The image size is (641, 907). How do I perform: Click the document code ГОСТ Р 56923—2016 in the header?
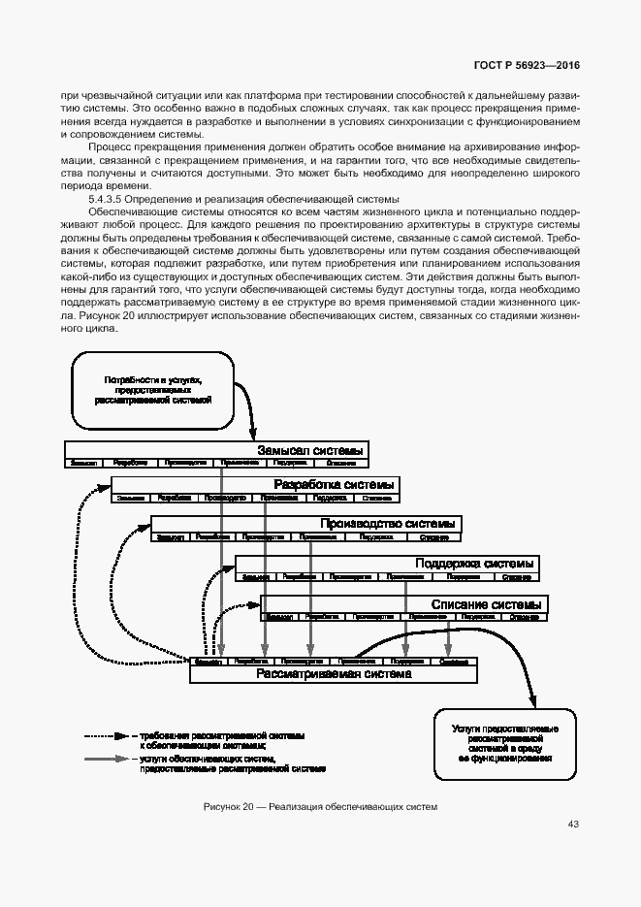[x=527, y=65]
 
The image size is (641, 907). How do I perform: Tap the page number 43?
[x=573, y=825]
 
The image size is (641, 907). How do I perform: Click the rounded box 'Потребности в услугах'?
[x=152, y=391]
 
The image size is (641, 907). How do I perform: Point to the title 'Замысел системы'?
[x=311, y=450]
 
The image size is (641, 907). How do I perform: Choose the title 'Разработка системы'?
[x=334, y=485]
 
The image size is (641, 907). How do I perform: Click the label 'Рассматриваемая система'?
[x=333, y=674]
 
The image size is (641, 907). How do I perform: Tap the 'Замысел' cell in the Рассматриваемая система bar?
[x=208, y=662]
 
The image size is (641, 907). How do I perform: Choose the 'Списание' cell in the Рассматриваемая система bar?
[x=454, y=662]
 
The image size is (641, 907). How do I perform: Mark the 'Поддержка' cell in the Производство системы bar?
[x=376, y=536]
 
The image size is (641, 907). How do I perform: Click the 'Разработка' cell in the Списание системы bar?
[x=321, y=616]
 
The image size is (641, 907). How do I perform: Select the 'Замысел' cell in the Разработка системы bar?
[x=131, y=498]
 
